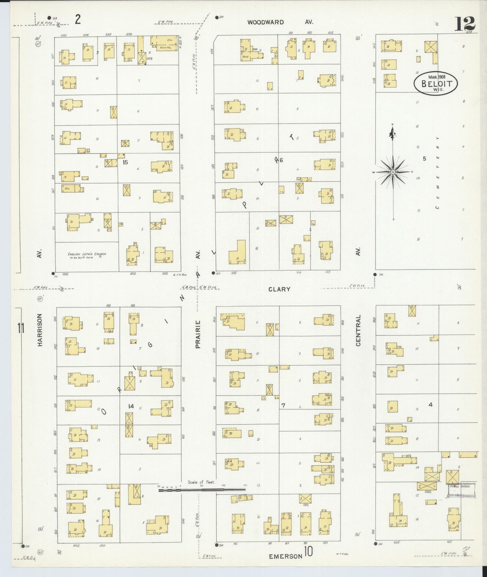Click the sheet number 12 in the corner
coord(465,23)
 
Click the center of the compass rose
coord(393,172)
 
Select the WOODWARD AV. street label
coord(280,22)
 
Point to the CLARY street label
coord(279,289)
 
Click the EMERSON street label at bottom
coord(285,556)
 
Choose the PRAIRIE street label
coord(198,334)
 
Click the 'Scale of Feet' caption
coord(201,482)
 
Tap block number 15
coord(125,162)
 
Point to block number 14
coord(131,406)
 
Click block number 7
coord(283,406)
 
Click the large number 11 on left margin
coord(21,328)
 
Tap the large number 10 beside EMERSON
coord(308,552)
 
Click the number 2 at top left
coord(78,20)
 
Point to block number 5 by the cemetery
coord(425,159)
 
